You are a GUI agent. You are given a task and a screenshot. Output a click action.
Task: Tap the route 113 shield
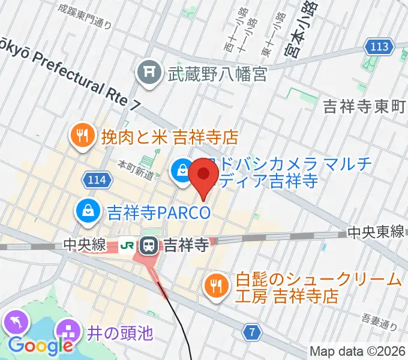coord(379,46)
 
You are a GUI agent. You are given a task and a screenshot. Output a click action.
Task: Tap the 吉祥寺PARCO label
coord(159,212)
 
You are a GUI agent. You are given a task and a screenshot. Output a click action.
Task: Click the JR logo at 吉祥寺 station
coord(128,245)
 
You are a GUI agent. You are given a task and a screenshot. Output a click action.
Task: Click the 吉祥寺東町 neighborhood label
coord(365,107)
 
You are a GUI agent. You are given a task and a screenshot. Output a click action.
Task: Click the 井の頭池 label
coord(120,332)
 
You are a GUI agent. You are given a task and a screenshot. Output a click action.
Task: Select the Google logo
coord(40,346)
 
